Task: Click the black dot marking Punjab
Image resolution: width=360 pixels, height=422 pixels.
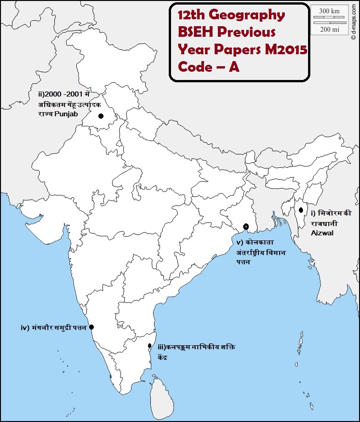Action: pos(101,116)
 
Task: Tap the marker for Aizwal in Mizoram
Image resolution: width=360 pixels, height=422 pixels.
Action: pos(301,210)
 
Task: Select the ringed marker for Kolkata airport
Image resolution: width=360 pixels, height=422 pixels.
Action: pos(246,227)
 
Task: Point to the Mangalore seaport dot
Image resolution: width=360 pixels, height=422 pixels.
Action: pos(91,327)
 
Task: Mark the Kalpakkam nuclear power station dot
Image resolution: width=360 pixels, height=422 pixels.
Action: pos(150,346)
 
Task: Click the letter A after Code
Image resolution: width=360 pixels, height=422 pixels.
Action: pos(234,67)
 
